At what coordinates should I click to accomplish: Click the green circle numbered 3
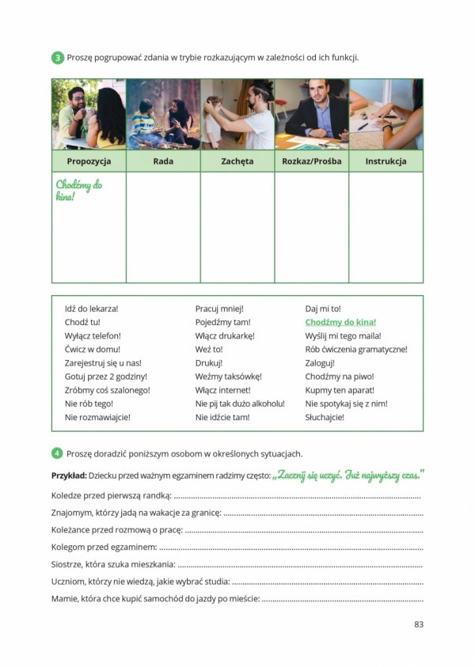[x=58, y=58]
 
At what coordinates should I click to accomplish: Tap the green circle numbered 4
[x=58, y=453]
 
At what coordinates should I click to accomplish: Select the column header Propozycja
[x=89, y=161]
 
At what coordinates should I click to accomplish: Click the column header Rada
[x=163, y=161]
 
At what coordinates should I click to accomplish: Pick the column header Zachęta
[x=237, y=161]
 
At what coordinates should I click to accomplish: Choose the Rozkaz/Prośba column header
[x=311, y=161]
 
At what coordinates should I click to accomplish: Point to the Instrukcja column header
[x=386, y=161]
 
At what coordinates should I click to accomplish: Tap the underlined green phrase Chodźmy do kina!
[x=340, y=322]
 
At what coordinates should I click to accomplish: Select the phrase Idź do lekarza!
[x=91, y=309]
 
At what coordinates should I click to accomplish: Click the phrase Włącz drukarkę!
[x=225, y=335]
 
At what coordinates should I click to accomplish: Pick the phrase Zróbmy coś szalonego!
[x=107, y=390]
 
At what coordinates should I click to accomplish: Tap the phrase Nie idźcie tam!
[x=222, y=417]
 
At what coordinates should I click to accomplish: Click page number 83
[x=419, y=623]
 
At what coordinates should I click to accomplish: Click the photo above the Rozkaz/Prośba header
[x=311, y=114]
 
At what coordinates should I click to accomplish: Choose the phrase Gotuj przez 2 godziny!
[x=105, y=377]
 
